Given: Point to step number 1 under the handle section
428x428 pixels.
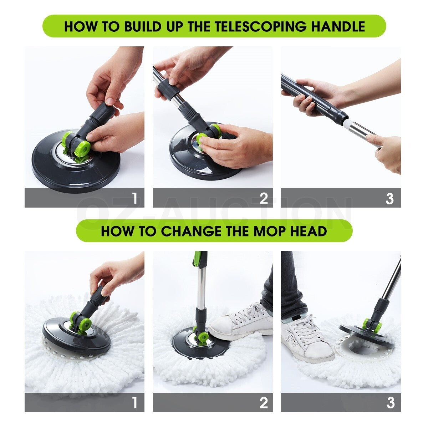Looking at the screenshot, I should pyautogui.click(x=134, y=198).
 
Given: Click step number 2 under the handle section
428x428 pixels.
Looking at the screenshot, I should pyautogui.click(x=264, y=198).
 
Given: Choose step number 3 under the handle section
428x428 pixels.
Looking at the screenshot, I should pyautogui.click(x=390, y=198).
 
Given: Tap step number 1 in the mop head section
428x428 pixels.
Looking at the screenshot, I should pyautogui.click(x=134, y=403).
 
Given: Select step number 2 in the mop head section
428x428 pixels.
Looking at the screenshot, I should pyautogui.click(x=264, y=403).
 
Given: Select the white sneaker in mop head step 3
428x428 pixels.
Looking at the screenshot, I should pyautogui.click(x=307, y=339).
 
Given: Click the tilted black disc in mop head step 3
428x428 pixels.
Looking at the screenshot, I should pyautogui.click(x=367, y=335).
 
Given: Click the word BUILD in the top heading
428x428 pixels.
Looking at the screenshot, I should pyautogui.click(x=149, y=26).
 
